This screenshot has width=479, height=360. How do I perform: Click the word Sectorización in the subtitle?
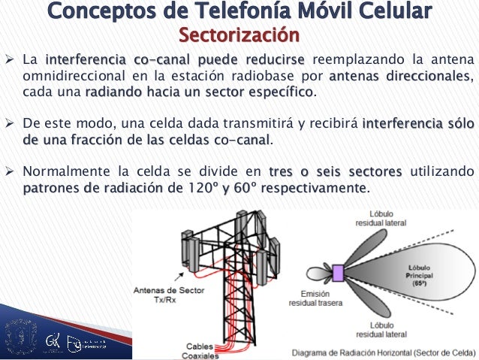pos(238,35)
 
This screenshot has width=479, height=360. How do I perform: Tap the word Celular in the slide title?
pos(396,12)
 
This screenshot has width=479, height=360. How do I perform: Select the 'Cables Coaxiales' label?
pos(204,350)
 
